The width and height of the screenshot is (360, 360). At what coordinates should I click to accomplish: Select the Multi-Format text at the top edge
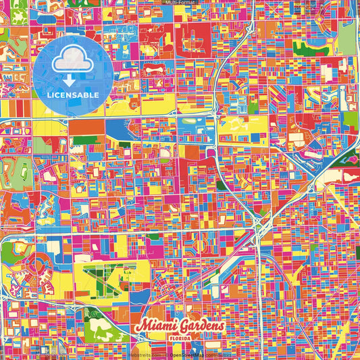[180, 3]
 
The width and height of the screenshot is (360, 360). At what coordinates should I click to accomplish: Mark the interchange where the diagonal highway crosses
[259, 226]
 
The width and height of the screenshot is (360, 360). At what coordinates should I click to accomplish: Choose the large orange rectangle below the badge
[86, 126]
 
